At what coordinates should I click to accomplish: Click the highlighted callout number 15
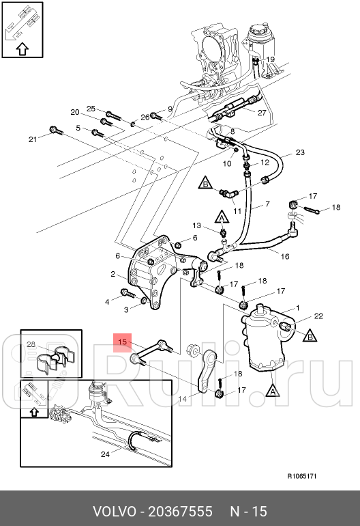123,342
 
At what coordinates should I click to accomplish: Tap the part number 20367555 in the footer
180,512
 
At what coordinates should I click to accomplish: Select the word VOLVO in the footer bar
114,512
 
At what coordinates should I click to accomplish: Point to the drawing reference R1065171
302,476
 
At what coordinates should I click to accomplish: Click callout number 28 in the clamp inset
31,344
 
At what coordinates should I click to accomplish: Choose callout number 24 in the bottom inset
105,454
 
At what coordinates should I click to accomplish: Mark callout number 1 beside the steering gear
298,307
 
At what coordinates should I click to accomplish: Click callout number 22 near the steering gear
318,316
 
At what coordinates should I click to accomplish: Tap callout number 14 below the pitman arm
182,399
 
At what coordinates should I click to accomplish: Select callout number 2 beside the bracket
113,274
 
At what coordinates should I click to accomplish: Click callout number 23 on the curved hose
300,152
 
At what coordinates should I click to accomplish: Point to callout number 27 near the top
262,113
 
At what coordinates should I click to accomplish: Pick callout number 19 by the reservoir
270,59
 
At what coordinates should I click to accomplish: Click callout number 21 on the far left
33,139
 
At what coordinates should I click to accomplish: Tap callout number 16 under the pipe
284,256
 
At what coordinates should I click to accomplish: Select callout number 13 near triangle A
196,225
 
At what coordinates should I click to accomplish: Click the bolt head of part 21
53,129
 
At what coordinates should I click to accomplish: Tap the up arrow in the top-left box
22,49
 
